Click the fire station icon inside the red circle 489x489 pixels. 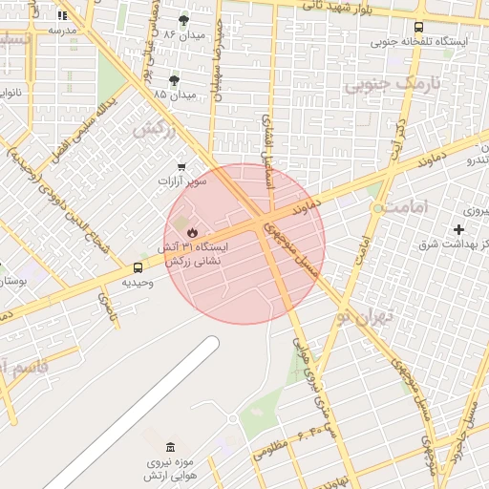point(192,232)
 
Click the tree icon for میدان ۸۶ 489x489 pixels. point(183,19)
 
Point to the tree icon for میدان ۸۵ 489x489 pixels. point(174,80)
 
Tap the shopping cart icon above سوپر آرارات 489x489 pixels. point(181,166)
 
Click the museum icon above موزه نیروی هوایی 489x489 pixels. point(170,447)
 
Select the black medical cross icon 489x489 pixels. point(459,229)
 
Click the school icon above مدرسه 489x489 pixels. point(63,15)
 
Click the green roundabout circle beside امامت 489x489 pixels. point(379,207)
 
